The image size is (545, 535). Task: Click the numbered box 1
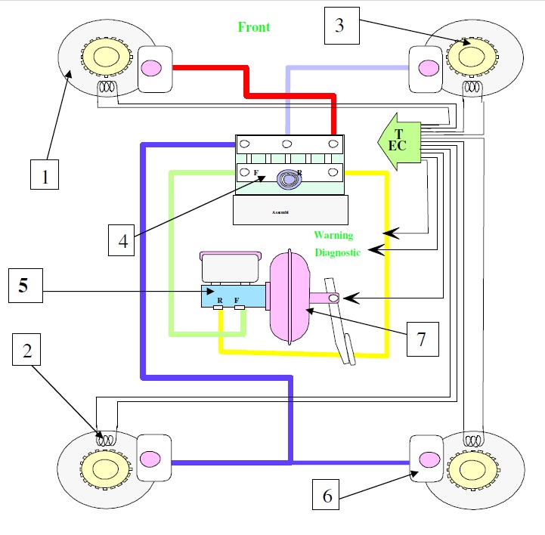point(45,178)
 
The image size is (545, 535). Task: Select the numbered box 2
point(27,350)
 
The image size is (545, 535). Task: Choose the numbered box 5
point(23,286)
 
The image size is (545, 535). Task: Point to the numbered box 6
point(327,495)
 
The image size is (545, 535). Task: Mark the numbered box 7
point(422,342)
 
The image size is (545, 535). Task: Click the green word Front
point(254,27)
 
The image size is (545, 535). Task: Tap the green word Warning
point(333,236)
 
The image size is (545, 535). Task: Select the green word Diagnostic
point(337,253)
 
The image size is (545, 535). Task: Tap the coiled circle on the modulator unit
point(289,178)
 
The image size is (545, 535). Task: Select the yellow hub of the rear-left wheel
point(99,463)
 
